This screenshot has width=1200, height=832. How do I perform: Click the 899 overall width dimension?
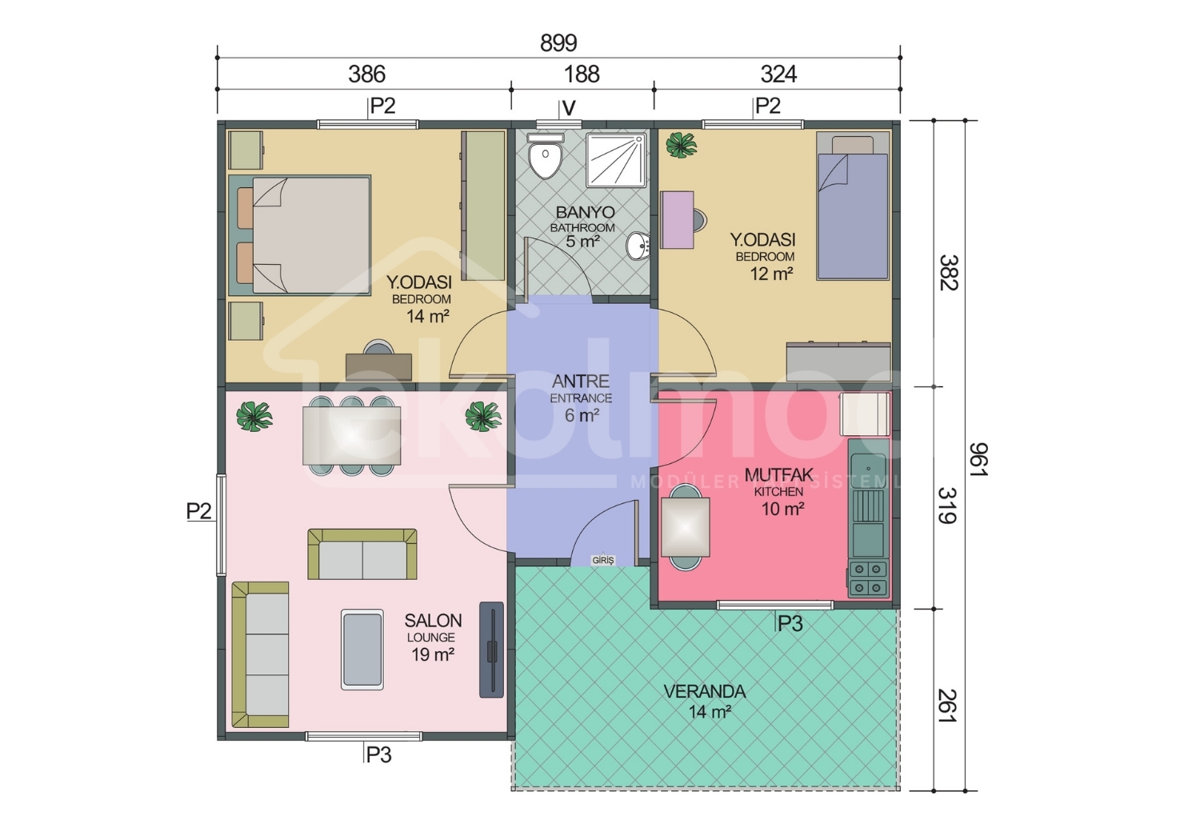click(558, 43)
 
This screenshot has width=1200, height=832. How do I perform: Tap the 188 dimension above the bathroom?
click(582, 74)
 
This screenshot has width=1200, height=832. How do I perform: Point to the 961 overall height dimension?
click(978, 459)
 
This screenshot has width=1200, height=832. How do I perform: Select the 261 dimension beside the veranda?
click(947, 706)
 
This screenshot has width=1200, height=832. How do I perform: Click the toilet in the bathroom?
click(546, 156)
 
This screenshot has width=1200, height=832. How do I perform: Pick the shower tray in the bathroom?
click(616, 160)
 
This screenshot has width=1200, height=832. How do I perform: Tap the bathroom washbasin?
click(638, 246)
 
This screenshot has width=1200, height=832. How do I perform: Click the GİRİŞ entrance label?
click(602, 560)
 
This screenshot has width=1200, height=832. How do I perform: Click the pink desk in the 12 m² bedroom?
click(678, 220)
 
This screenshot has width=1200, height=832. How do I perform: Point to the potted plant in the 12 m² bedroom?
click(681, 145)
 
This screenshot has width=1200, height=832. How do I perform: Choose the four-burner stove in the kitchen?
click(868, 579)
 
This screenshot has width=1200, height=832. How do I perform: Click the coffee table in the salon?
click(362, 650)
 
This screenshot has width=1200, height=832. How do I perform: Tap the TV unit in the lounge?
click(491, 650)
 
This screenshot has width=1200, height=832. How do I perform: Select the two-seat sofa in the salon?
click(362, 554)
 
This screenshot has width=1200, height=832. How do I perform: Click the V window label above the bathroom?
click(568, 109)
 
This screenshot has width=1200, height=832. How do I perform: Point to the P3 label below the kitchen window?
click(790, 623)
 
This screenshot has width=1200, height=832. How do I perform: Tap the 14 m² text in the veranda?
click(710, 712)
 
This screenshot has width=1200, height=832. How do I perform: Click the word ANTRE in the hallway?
click(581, 382)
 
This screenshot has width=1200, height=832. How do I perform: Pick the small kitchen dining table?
click(685, 527)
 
